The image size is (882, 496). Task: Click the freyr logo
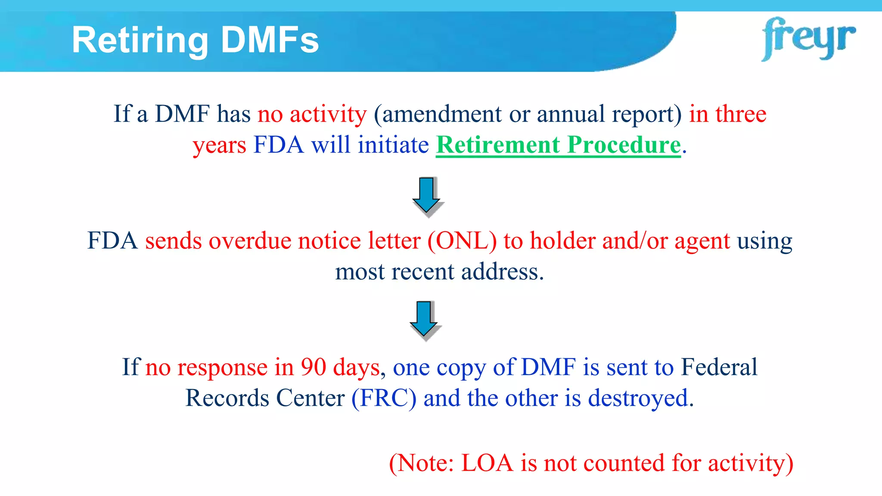(808, 39)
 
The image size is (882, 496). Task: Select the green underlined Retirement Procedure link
(558, 145)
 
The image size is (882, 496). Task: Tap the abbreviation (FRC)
(384, 398)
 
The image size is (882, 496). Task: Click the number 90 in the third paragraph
(313, 367)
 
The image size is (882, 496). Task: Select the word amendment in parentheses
(441, 115)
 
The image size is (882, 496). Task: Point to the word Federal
(719, 367)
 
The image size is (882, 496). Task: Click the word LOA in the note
(487, 463)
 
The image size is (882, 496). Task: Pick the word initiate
(393, 145)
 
